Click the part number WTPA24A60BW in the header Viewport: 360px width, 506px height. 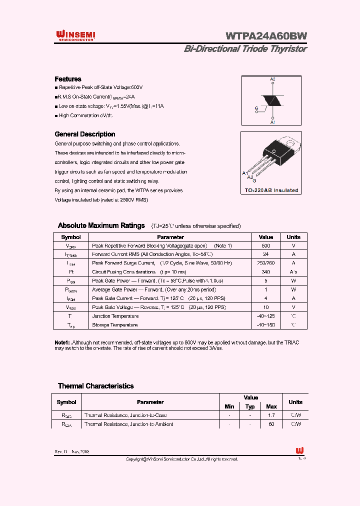266,36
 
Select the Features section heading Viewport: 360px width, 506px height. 67,79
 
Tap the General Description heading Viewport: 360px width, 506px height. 84,134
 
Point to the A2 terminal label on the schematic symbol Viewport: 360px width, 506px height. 272,79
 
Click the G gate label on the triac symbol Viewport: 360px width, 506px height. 256,108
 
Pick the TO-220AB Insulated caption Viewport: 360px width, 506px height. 271,190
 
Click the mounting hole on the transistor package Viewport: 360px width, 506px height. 274,150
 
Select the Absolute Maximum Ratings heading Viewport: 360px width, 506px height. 101,225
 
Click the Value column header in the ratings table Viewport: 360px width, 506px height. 265,237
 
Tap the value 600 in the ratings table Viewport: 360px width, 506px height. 265,246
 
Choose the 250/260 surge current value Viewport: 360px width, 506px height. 265,263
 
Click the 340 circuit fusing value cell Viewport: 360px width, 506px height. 265,271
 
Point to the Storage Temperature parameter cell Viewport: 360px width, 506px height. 115,325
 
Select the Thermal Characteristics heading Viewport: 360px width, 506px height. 95,386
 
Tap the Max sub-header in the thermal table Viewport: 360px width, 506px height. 271,406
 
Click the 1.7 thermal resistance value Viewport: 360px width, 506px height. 271,415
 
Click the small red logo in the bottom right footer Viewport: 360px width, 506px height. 299,450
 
